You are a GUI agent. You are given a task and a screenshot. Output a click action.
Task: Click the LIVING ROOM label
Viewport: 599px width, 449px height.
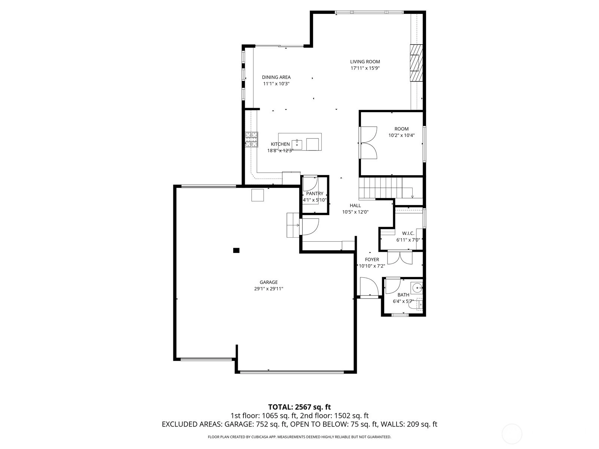(x=365, y=62)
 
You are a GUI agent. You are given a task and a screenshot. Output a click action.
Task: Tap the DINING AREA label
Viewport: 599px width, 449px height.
(x=276, y=77)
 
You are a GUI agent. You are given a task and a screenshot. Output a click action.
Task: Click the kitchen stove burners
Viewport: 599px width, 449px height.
(x=251, y=140)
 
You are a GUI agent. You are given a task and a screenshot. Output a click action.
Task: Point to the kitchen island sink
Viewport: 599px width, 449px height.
(x=297, y=144)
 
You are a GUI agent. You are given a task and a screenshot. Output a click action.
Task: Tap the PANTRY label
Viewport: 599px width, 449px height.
(x=314, y=193)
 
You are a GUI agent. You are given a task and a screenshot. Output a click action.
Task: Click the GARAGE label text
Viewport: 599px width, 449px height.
(x=268, y=282)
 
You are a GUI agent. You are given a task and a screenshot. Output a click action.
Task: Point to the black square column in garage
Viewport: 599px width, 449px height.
(x=236, y=250)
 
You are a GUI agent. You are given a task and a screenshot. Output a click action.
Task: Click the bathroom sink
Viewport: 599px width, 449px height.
(x=417, y=288)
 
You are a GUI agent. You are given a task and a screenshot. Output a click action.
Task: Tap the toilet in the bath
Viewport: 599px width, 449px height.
(x=416, y=305)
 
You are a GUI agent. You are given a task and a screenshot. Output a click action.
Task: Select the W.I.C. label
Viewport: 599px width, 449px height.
(x=408, y=233)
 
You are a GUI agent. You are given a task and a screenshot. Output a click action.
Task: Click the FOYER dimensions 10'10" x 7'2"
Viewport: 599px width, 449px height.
(x=372, y=266)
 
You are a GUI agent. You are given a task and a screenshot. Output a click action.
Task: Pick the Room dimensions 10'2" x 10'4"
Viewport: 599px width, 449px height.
(x=401, y=135)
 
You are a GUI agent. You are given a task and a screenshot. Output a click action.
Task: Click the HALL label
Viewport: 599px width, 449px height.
(x=355, y=205)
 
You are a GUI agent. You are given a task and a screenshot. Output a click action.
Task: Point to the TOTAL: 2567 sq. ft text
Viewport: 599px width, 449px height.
(x=299, y=407)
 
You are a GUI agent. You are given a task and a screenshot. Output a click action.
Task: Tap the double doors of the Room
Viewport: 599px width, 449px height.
(x=368, y=142)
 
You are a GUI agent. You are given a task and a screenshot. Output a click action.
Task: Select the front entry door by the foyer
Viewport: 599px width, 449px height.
(x=369, y=287)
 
